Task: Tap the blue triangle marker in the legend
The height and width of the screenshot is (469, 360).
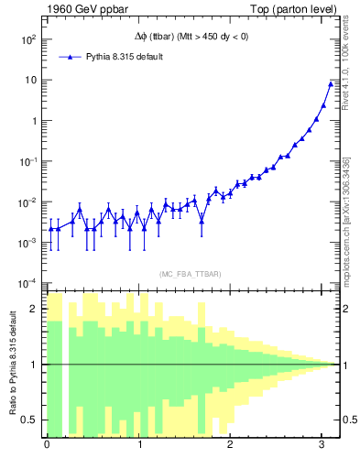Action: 71,57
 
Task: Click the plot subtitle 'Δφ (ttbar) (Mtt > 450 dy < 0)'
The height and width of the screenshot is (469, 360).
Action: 190,37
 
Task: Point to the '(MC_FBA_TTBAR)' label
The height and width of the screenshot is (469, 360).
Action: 190,274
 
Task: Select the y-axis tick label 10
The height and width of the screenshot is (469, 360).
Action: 29,81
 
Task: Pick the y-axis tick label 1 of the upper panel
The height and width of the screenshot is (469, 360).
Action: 33,121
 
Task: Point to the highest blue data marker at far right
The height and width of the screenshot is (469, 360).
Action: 331,84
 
